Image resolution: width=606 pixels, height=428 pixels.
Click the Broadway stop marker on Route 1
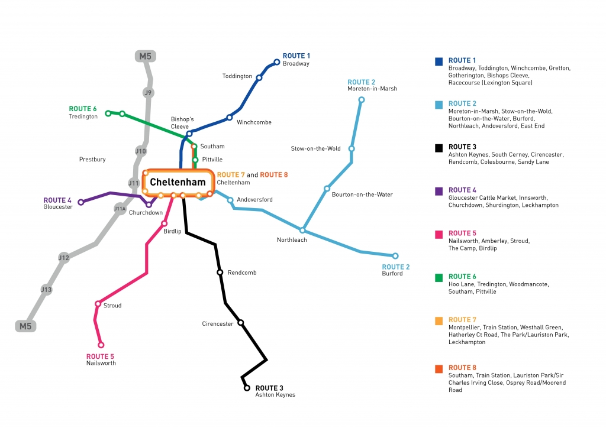click(x=276, y=61)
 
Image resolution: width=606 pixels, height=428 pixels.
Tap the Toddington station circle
click(x=259, y=77)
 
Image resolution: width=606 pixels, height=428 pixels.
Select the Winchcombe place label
click(x=254, y=122)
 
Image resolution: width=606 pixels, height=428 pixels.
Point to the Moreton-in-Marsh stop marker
click(x=362, y=100)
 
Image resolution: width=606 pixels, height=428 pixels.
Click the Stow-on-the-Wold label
click(x=315, y=148)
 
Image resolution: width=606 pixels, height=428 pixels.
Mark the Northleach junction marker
click(x=302, y=230)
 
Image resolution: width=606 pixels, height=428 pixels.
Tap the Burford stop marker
click(x=395, y=256)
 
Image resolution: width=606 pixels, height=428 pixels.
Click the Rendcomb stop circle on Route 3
click(x=220, y=273)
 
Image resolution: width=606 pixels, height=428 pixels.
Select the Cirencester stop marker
click(x=240, y=322)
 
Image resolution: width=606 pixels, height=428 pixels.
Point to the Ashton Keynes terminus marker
click(x=247, y=388)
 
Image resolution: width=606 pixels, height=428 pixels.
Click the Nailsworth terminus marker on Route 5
click(x=101, y=345)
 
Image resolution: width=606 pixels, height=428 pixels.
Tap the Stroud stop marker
click(x=98, y=304)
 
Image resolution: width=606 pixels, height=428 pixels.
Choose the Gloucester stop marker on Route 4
click(x=81, y=202)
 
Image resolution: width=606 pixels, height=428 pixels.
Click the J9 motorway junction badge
click(x=149, y=93)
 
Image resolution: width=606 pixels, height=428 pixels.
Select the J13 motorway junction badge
click(x=46, y=290)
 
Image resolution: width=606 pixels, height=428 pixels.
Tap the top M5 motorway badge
click(x=144, y=57)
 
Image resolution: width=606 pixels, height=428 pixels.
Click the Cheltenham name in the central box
click(x=178, y=182)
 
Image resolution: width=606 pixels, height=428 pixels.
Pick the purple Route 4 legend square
click(x=439, y=191)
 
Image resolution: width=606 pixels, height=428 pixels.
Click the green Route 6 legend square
click(x=439, y=277)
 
